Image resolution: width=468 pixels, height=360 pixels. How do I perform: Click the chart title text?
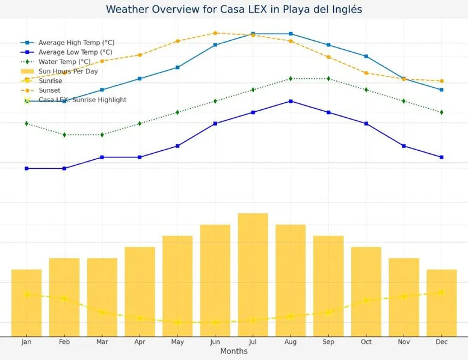[234, 10]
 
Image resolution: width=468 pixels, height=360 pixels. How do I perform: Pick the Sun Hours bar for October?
[366, 291]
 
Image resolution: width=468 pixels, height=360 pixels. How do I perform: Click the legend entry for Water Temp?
[64, 61]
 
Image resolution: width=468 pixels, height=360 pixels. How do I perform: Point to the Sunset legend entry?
[49, 90]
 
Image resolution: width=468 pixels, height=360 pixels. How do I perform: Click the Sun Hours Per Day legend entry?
[68, 71]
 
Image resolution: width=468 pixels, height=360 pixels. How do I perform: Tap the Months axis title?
[234, 351]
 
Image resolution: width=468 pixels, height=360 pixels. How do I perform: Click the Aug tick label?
[291, 341]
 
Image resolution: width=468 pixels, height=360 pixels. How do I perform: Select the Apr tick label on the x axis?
[140, 341]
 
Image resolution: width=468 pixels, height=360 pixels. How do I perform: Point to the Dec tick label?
[442, 341]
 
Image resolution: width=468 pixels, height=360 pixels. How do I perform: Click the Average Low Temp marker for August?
[291, 101]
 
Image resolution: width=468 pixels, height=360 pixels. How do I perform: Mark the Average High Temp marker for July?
[253, 34]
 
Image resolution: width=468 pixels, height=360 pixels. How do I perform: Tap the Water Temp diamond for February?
[64, 135]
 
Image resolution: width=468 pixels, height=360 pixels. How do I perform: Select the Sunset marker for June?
[215, 33]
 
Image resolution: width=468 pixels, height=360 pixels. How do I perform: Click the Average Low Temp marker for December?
[442, 157]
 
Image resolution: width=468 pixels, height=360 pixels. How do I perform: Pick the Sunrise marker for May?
[177, 322]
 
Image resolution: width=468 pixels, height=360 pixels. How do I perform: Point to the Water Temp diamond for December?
[442, 112]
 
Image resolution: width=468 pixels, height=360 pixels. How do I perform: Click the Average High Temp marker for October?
[366, 56]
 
